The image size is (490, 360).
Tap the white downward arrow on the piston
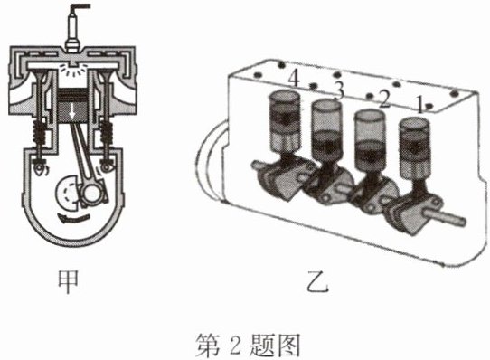[x=72, y=112]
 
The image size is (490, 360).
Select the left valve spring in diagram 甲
[x=41, y=132]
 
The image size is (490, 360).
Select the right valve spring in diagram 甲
[x=106, y=132]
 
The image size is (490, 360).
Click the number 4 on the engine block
[x=294, y=78]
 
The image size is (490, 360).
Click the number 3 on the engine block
[x=338, y=90]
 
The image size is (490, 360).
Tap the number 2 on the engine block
[x=383, y=99]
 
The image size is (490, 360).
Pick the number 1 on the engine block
[x=420, y=105]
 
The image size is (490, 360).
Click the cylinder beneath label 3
[x=327, y=131]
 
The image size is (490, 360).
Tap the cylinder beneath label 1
[x=414, y=148]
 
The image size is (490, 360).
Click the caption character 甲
[x=68, y=282]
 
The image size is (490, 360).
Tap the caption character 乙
[x=318, y=282]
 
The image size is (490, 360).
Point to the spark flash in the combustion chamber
[x=72, y=69]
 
